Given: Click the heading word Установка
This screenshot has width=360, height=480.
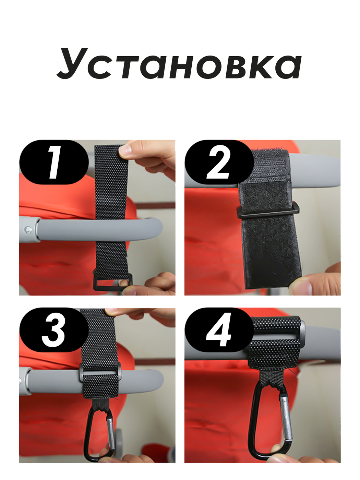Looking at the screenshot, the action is pos(179,63).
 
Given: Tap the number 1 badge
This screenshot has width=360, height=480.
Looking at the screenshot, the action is pos(54,162).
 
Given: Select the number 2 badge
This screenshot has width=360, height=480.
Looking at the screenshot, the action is pos(219,162).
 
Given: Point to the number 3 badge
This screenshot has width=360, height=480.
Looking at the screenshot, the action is pos(54,330).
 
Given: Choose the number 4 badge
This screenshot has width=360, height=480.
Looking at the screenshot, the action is pos(219,330).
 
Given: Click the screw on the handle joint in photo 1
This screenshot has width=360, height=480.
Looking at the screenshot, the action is pos(28,230).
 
